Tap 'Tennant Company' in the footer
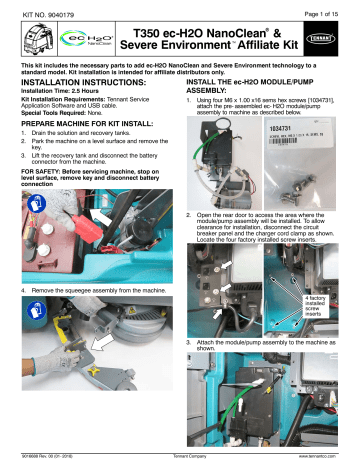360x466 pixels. pos(180,458)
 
